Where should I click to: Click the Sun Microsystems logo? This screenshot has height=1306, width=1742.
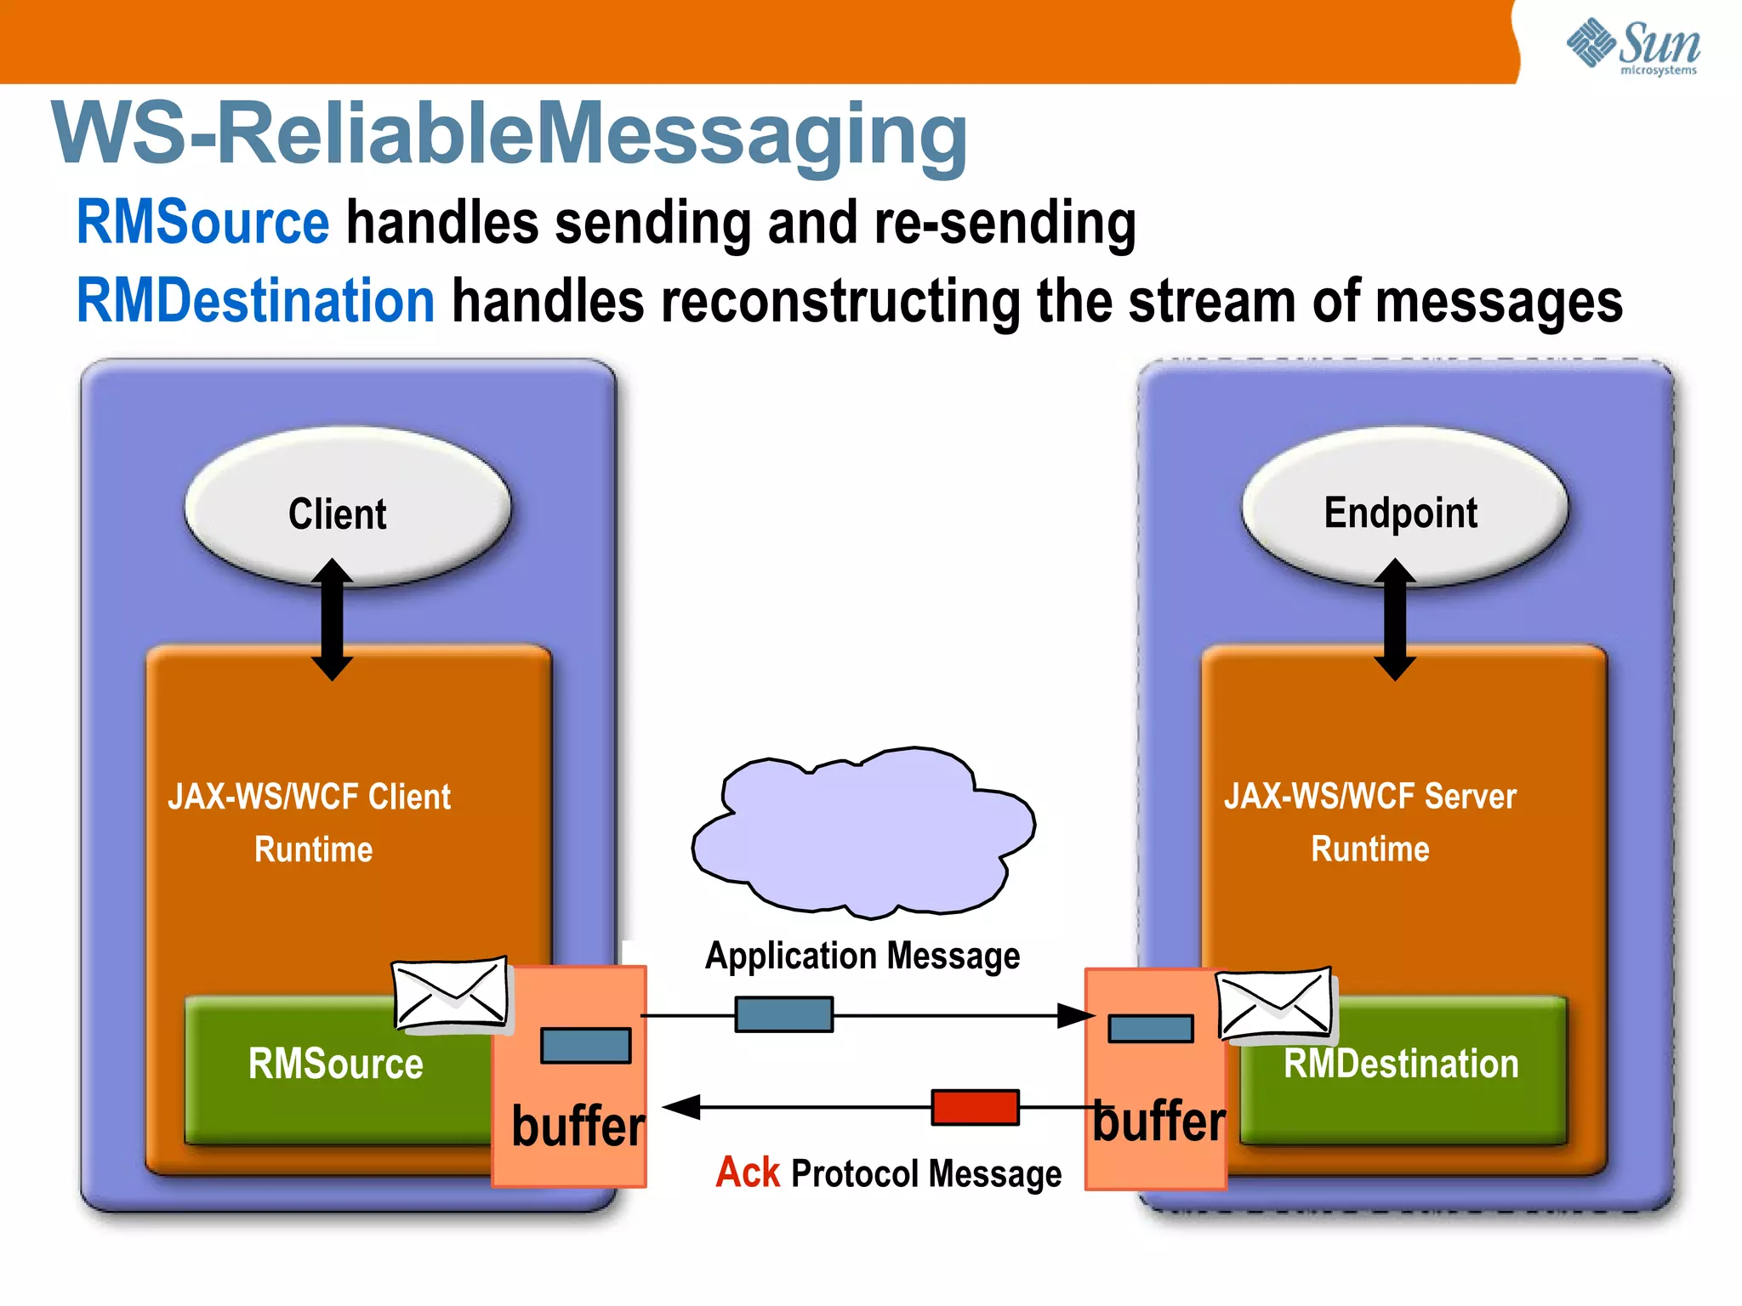coord(1633,47)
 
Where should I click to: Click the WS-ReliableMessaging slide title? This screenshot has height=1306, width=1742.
coord(509,133)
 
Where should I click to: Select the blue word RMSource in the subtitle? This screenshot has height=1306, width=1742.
coord(202,223)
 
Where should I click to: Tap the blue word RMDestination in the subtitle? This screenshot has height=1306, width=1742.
coord(255,301)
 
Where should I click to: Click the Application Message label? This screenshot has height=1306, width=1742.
coord(862,956)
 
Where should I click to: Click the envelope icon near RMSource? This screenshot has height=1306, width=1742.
coord(451,993)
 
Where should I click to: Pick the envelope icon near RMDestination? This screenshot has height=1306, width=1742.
coord(1274,1005)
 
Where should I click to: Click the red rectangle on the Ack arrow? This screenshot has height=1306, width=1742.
coord(975,1107)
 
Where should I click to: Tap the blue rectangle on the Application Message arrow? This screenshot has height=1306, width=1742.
coord(783,1014)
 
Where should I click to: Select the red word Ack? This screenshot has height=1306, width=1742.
coord(747,1173)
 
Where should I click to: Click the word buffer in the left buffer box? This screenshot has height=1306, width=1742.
coord(578,1126)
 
